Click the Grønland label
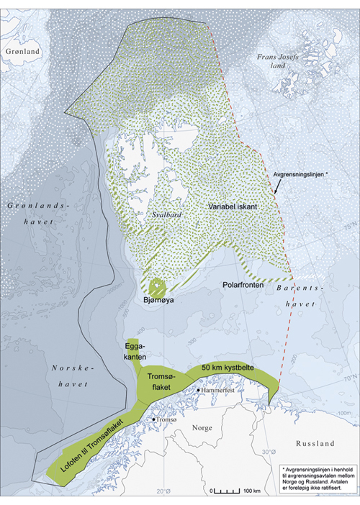(21, 52)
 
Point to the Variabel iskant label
(233, 206)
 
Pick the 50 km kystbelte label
(228, 369)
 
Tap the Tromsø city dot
(154, 418)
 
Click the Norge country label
(201, 427)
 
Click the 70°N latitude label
(349, 376)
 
